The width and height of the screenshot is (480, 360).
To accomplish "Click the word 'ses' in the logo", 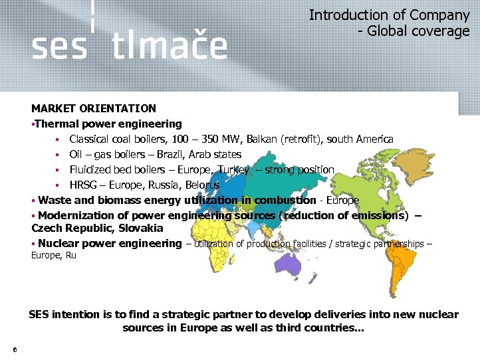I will point(59,48).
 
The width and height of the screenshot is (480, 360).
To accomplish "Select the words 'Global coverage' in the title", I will point(418,31).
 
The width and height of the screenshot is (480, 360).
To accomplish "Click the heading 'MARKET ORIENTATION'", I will point(94,108).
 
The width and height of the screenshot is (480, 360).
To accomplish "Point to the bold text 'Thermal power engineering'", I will point(108,124).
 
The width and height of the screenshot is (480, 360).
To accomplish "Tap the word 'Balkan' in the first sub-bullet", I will point(262,139).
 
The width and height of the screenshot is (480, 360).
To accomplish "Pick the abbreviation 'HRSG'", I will point(84,185).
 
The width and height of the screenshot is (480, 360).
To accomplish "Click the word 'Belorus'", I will point(202,185).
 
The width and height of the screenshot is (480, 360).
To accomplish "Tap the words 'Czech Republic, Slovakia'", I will point(97,228).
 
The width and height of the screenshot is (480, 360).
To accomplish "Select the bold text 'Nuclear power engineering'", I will point(110,244).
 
